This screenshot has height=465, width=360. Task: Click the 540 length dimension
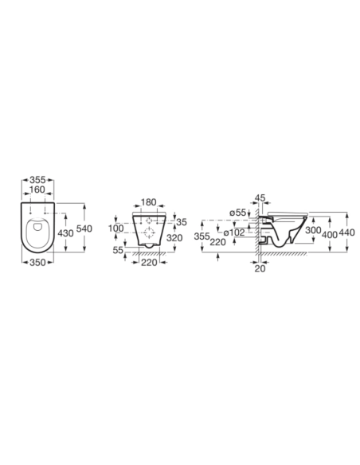[x=84, y=229]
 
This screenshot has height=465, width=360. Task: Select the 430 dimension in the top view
[x=65, y=233]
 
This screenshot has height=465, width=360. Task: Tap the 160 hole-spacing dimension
[x=37, y=190]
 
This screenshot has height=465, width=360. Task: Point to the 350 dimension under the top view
[x=37, y=262]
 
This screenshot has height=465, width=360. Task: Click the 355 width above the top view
[x=37, y=180]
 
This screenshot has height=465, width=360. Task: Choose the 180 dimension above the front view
[x=148, y=202]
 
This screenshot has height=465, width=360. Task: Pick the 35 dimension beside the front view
[x=182, y=222]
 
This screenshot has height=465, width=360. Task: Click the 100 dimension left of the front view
[x=116, y=229]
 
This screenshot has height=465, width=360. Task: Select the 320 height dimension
[x=174, y=238]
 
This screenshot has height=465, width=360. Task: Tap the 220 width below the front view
[x=149, y=262]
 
